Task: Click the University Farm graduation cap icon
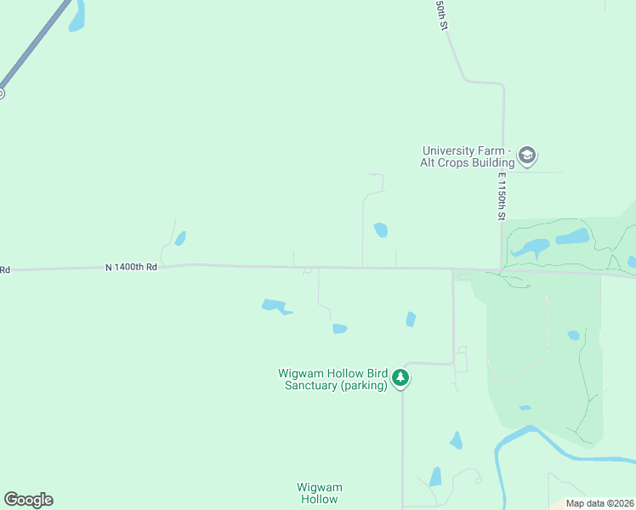pos(527,156)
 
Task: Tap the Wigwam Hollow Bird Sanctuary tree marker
pos(401,377)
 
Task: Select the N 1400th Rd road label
pos(132,267)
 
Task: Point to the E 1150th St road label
pos(503,197)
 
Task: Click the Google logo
pos(28,500)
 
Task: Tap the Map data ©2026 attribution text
pos(599,503)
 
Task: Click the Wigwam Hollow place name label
pos(319,493)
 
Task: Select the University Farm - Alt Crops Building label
pos(468,156)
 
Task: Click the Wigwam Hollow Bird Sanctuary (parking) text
pos(332,379)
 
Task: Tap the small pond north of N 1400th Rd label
pos(180,239)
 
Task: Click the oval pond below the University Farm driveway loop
pos(380,229)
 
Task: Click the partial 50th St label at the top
pos(441,15)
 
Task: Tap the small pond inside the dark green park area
pos(574,335)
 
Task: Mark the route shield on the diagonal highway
pos(1,93)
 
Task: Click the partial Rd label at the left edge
pos(4,270)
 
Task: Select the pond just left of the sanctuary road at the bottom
pos(435,477)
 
